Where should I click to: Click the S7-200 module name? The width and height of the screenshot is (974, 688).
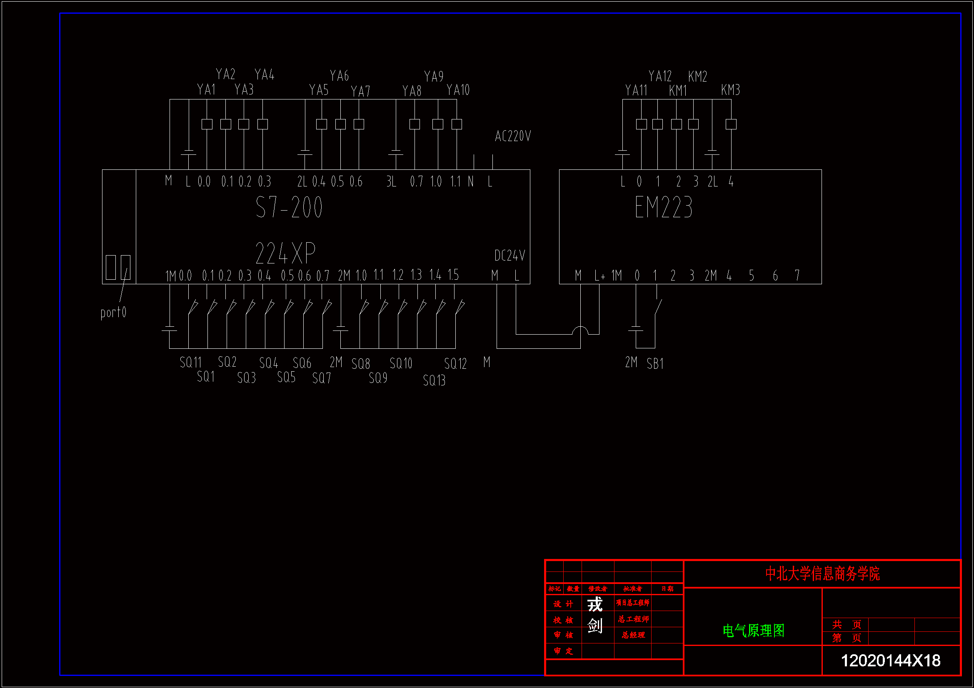pos(289,207)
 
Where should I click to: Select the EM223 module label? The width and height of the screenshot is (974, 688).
pos(664,207)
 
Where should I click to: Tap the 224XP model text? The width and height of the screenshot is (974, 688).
pos(285,253)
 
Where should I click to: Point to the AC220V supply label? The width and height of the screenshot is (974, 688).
pos(513,136)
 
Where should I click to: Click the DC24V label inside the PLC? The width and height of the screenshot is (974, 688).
pos(509,256)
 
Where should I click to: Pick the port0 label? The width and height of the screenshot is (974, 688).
pos(113,313)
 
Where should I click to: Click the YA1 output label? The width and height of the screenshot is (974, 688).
pos(207,89)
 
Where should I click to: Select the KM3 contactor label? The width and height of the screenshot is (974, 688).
pos(731,90)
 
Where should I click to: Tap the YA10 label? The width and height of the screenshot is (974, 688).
pos(458,90)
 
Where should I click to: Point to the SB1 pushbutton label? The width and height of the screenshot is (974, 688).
pos(655,364)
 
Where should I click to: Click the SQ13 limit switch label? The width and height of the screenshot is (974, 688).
pos(435,380)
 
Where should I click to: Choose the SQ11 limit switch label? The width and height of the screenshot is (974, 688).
pos(190,363)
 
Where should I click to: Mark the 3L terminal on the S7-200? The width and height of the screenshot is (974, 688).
pos(391,182)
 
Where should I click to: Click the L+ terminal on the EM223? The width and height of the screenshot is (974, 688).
pos(599,276)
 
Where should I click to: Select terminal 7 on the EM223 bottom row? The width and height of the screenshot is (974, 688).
pos(797,276)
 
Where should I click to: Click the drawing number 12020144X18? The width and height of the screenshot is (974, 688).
pos(890,661)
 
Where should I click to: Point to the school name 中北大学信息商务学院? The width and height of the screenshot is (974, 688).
pos(822,574)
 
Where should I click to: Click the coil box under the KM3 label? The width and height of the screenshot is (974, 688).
pos(731,124)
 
